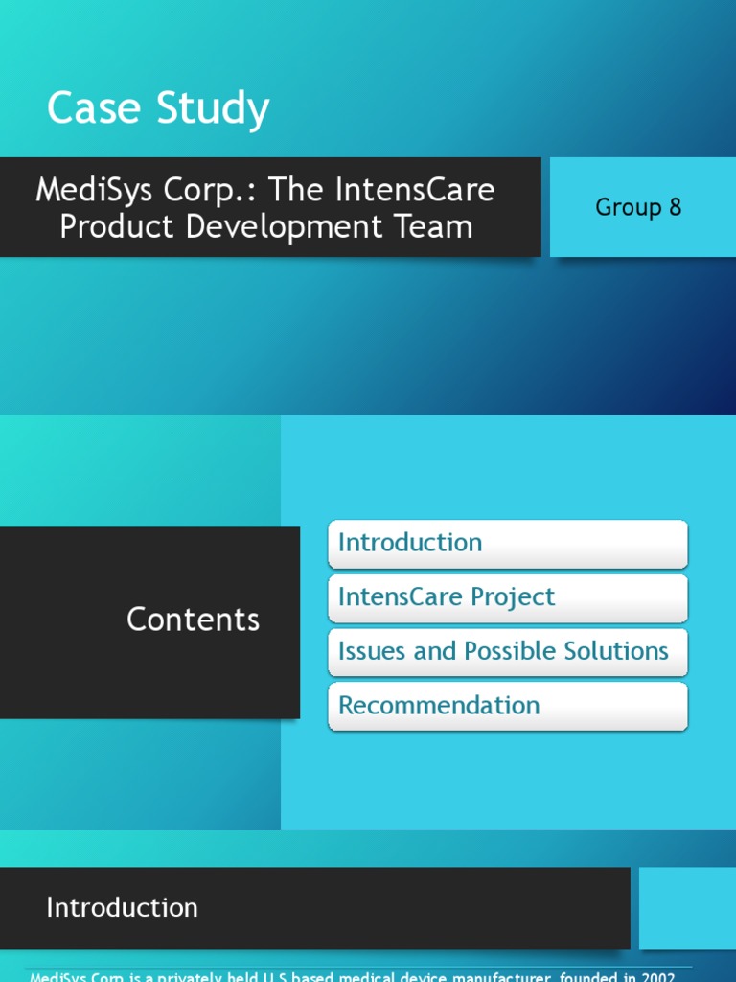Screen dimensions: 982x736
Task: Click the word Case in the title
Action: click(87, 108)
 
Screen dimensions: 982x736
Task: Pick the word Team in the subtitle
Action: click(438, 227)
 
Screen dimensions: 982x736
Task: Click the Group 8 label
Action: click(638, 207)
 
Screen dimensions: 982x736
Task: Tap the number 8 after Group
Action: click(675, 207)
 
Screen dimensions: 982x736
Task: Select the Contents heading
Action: click(193, 620)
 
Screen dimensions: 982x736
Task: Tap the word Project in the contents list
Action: click(509, 597)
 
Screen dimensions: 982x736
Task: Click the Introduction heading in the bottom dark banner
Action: click(122, 908)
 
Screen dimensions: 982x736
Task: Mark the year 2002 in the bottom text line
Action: click(659, 977)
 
